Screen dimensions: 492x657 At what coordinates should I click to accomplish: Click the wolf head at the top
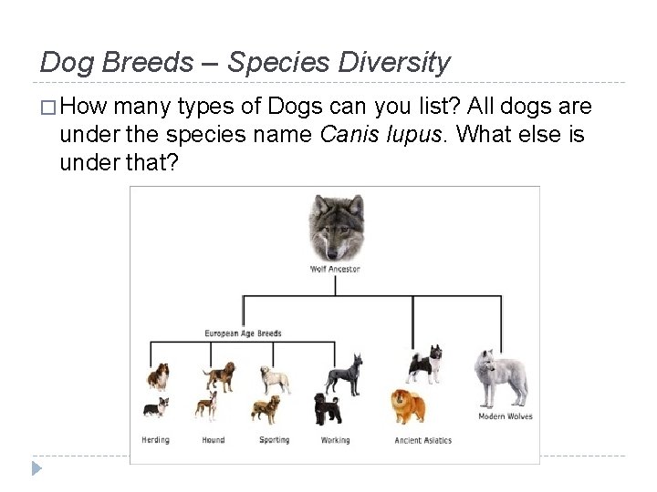(x=335, y=227)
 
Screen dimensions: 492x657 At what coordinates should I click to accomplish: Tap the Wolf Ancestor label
(x=335, y=269)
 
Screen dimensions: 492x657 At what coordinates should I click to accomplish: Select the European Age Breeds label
(x=243, y=333)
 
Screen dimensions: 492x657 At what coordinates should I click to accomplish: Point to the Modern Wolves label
(x=505, y=417)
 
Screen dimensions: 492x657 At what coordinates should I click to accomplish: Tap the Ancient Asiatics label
(x=422, y=441)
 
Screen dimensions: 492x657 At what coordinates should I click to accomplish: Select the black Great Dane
(x=343, y=374)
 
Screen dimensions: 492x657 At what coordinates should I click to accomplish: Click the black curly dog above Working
(x=327, y=409)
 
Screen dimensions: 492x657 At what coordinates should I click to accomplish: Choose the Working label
(x=335, y=441)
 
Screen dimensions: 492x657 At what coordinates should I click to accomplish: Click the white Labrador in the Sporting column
(x=274, y=379)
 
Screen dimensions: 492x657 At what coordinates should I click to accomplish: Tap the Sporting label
(x=274, y=441)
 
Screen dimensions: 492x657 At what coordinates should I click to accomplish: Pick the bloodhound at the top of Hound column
(x=219, y=376)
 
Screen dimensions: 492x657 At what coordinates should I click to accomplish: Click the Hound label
(x=213, y=441)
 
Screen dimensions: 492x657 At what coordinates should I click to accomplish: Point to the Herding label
(x=155, y=441)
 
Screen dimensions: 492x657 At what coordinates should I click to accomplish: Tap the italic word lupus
(x=419, y=135)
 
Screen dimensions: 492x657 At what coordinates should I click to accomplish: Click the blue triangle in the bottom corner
(x=36, y=468)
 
